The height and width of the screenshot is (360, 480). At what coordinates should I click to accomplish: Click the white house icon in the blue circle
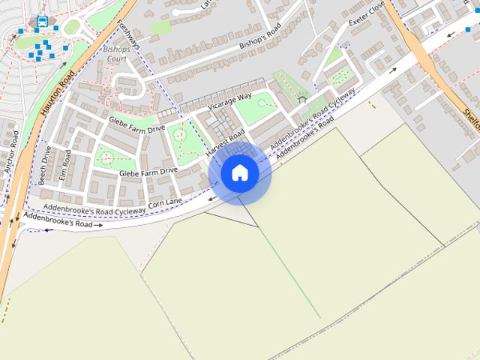240,172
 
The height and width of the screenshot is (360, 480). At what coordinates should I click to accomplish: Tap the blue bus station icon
43,22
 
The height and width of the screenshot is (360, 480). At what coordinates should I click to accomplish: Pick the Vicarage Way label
229,103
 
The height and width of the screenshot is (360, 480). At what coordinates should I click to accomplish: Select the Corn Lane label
166,202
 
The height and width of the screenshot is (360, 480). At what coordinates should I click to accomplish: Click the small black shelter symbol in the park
302,97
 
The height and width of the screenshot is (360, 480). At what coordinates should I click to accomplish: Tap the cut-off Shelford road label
471,112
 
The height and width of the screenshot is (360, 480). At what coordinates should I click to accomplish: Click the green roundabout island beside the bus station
72,28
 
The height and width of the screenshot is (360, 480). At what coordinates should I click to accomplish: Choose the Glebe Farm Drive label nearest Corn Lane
148,172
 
